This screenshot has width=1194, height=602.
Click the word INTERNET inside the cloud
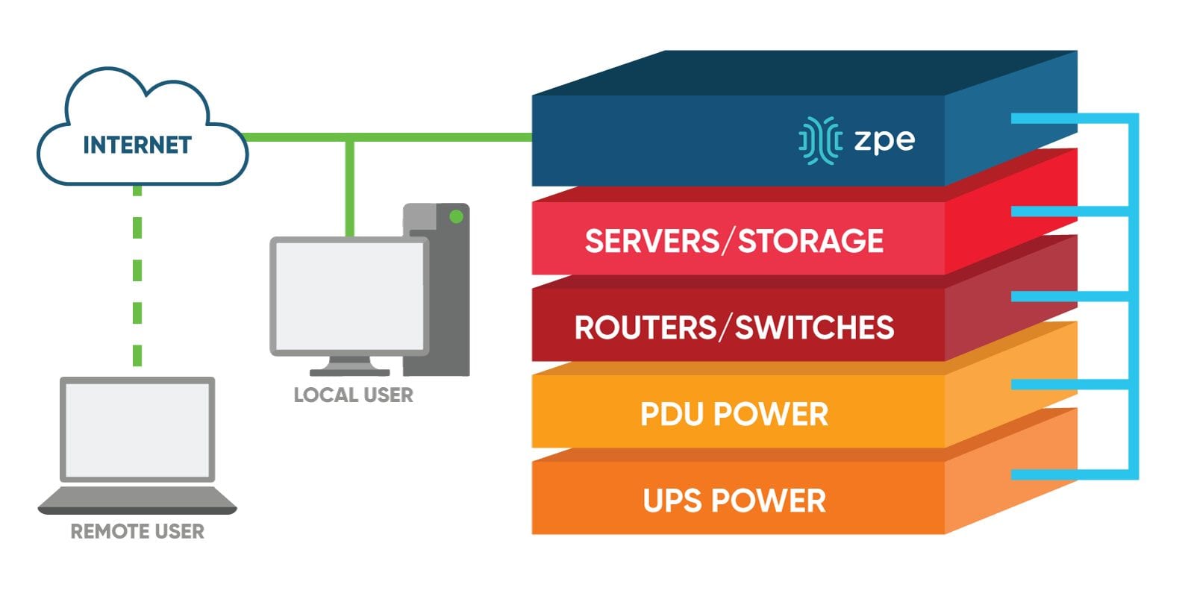[137, 145]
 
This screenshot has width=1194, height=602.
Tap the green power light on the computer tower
[456, 217]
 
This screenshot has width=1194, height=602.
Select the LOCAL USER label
[353, 395]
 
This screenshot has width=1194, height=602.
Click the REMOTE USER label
[137, 532]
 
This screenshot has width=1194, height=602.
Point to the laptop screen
[137, 430]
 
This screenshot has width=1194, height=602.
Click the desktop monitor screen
[348, 295]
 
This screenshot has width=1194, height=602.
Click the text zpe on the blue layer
[884, 139]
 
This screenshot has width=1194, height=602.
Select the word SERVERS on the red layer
[651, 241]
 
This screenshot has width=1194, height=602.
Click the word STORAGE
[810, 241]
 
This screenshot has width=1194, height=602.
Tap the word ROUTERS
[645, 328]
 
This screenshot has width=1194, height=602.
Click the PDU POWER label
[734, 415]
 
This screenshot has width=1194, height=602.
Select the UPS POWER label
[734, 501]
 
